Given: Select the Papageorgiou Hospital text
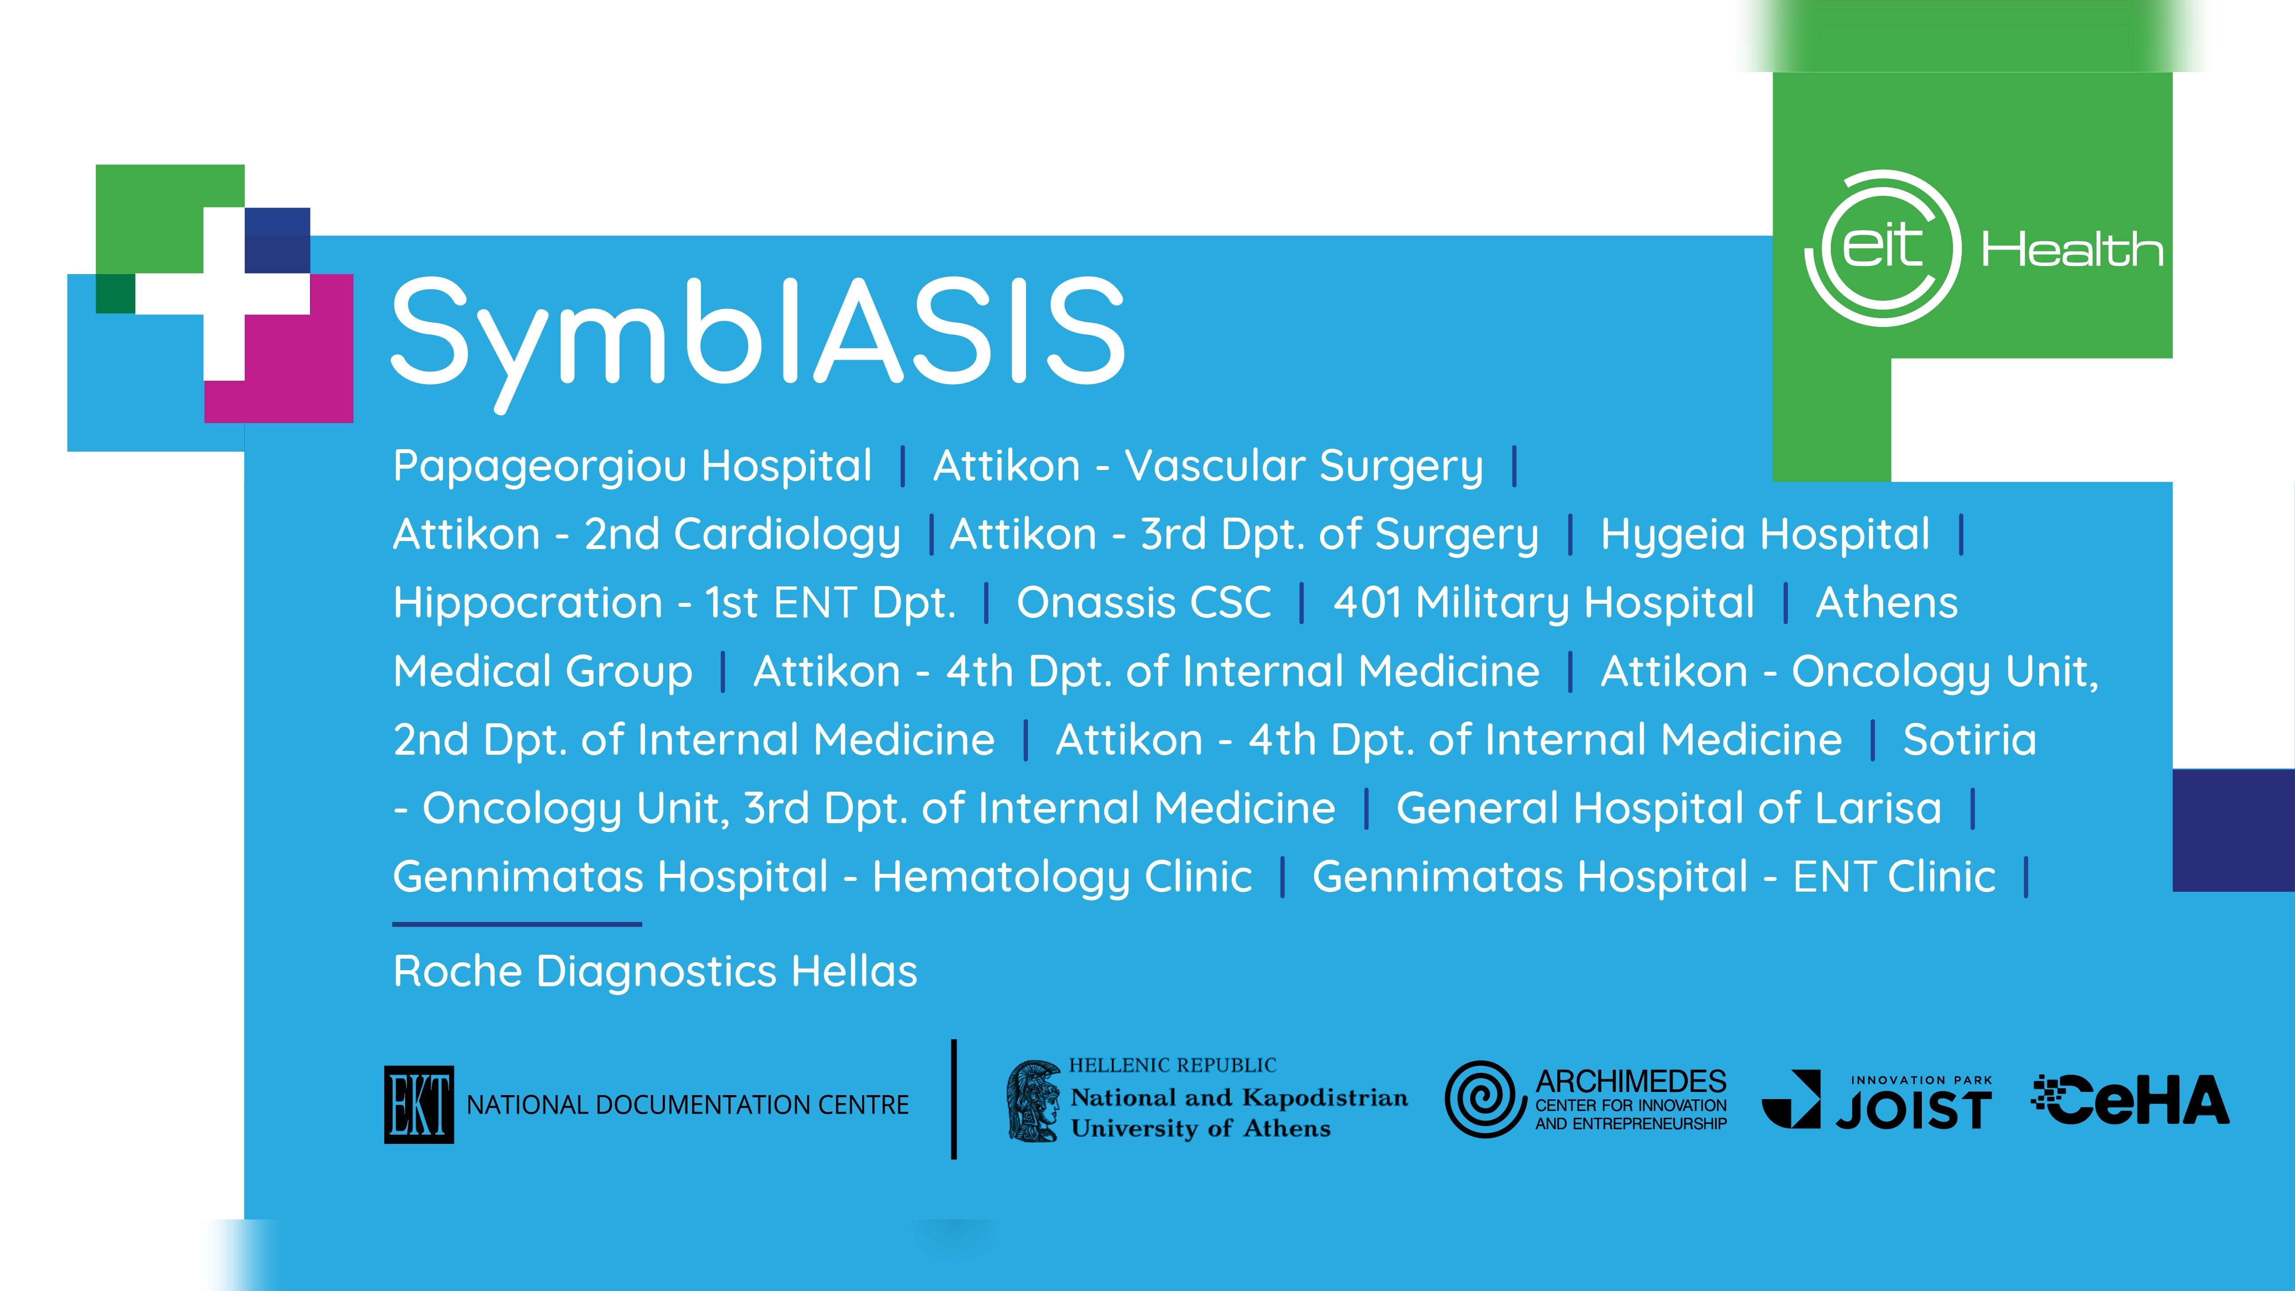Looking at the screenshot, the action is (x=632, y=466).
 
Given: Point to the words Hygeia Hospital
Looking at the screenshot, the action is (x=1765, y=534).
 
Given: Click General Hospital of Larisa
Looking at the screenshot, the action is (x=1669, y=808).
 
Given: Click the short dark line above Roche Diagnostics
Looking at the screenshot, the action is (x=517, y=924).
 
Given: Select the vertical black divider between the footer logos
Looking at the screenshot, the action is (x=954, y=1100).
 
